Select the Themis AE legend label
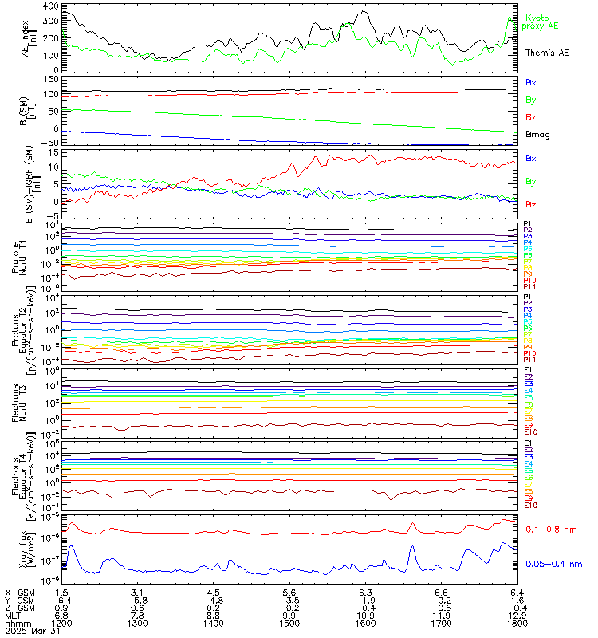point(547,53)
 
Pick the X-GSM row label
point(20,593)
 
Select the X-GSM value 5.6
point(289,593)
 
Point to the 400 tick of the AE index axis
point(49,6)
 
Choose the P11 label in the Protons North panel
point(529,286)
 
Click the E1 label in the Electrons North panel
point(528,371)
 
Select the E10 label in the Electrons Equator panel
point(530,506)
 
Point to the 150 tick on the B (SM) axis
point(49,80)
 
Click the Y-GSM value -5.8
point(136,601)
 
